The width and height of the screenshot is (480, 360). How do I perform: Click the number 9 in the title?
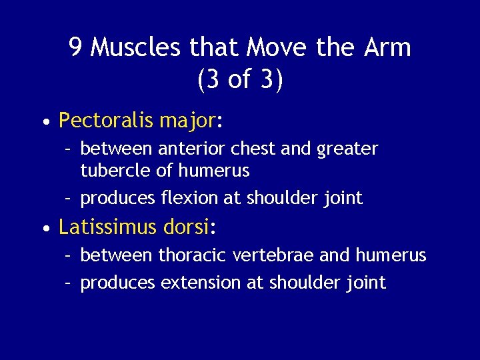pos(76,47)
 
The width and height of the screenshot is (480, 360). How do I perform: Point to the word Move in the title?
pos(276,47)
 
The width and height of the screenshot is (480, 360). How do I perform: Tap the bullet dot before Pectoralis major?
pos(44,123)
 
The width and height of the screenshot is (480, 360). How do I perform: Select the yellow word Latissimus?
pos(108,227)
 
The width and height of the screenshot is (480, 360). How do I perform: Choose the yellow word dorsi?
pos(186,227)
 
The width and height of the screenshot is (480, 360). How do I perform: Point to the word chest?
pos(251,148)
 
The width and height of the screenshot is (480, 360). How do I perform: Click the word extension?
pos(201,283)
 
